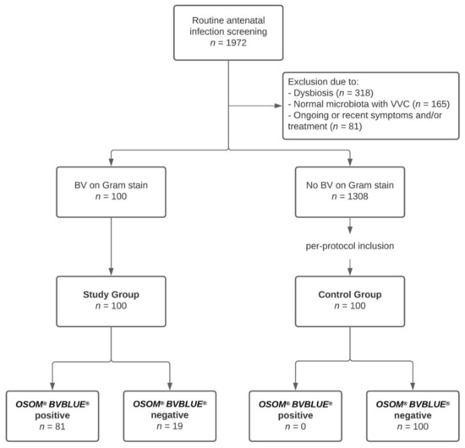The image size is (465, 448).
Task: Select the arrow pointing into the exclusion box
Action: pyautogui.click(x=275, y=107)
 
